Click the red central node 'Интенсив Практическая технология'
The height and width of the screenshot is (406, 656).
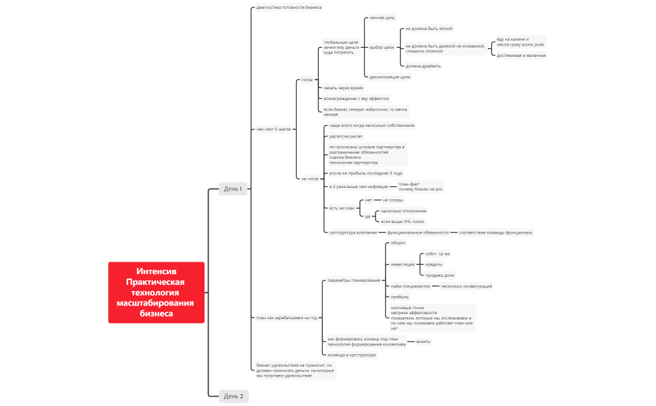[x=156, y=292]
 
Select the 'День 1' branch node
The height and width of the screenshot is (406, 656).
[x=233, y=189]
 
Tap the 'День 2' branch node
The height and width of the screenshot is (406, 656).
[x=233, y=396]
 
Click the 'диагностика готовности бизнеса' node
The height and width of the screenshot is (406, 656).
[x=289, y=7]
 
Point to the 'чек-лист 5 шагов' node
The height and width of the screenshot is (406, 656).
[x=274, y=129]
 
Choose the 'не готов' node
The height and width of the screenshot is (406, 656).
[x=310, y=179]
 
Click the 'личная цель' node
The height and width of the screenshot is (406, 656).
[x=382, y=17]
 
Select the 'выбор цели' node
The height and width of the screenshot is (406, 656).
[x=382, y=47]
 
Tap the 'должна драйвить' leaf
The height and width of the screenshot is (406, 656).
[x=423, y=66]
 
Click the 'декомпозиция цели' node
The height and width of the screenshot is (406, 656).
[x=390, y=77]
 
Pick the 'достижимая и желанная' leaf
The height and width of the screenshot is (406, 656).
[x=521, y=55]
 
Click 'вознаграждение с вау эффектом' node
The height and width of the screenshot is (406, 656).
[x=356, y=98]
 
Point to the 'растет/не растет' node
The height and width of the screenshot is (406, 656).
[x=345, y=136]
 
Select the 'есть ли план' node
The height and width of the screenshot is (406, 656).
[x=342, y=208]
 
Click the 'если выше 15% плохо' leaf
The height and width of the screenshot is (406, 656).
[x=402, y=221]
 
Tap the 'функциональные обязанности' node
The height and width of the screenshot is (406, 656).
[x=418, y=232]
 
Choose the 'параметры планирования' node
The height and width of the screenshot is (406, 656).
[x=354, y=280]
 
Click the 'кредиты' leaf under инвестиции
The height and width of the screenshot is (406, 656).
[x=434, y=264]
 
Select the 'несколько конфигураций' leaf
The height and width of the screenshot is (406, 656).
[x=466, y=286]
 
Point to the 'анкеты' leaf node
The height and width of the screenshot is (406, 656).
[x=423, y=341]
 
